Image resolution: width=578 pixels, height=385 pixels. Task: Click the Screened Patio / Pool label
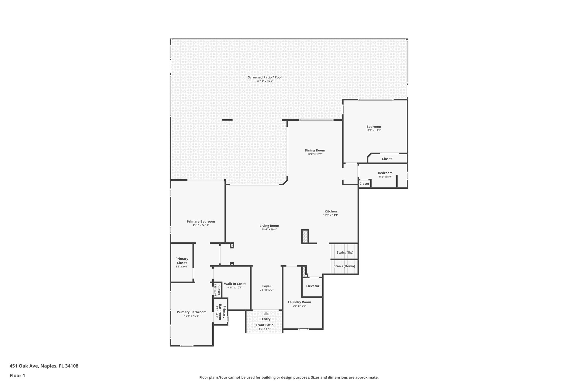(265, 77)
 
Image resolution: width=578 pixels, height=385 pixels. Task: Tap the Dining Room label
(315, 150)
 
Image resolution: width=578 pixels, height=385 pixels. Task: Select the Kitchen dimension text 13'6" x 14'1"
(330, 215)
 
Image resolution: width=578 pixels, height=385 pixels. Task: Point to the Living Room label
(269, 226)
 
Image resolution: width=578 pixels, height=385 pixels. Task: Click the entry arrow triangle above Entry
(266, 313)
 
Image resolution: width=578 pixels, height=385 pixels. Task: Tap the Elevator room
(313, 286)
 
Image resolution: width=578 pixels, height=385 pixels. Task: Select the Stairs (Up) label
(345, 252)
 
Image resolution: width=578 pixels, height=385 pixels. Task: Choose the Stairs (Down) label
(344, 266)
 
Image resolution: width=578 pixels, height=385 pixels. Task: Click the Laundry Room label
(299, 302)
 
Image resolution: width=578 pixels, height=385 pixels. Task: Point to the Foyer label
(267, 286)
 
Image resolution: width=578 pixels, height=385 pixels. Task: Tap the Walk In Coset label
(235, 284)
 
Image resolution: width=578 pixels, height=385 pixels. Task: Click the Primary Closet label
(182, 261)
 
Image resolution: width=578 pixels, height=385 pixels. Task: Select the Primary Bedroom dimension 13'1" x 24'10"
(201, 225)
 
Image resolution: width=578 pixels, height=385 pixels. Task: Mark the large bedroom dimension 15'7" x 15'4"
(374, 131)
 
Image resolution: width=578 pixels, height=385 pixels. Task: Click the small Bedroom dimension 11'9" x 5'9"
(385, 177)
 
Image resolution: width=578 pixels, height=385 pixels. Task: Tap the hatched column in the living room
(305, 236)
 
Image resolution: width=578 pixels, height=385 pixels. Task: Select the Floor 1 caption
(17, 375)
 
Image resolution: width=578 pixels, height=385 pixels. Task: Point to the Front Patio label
(264, 325)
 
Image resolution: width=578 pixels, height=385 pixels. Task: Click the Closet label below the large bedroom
(387, 159)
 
